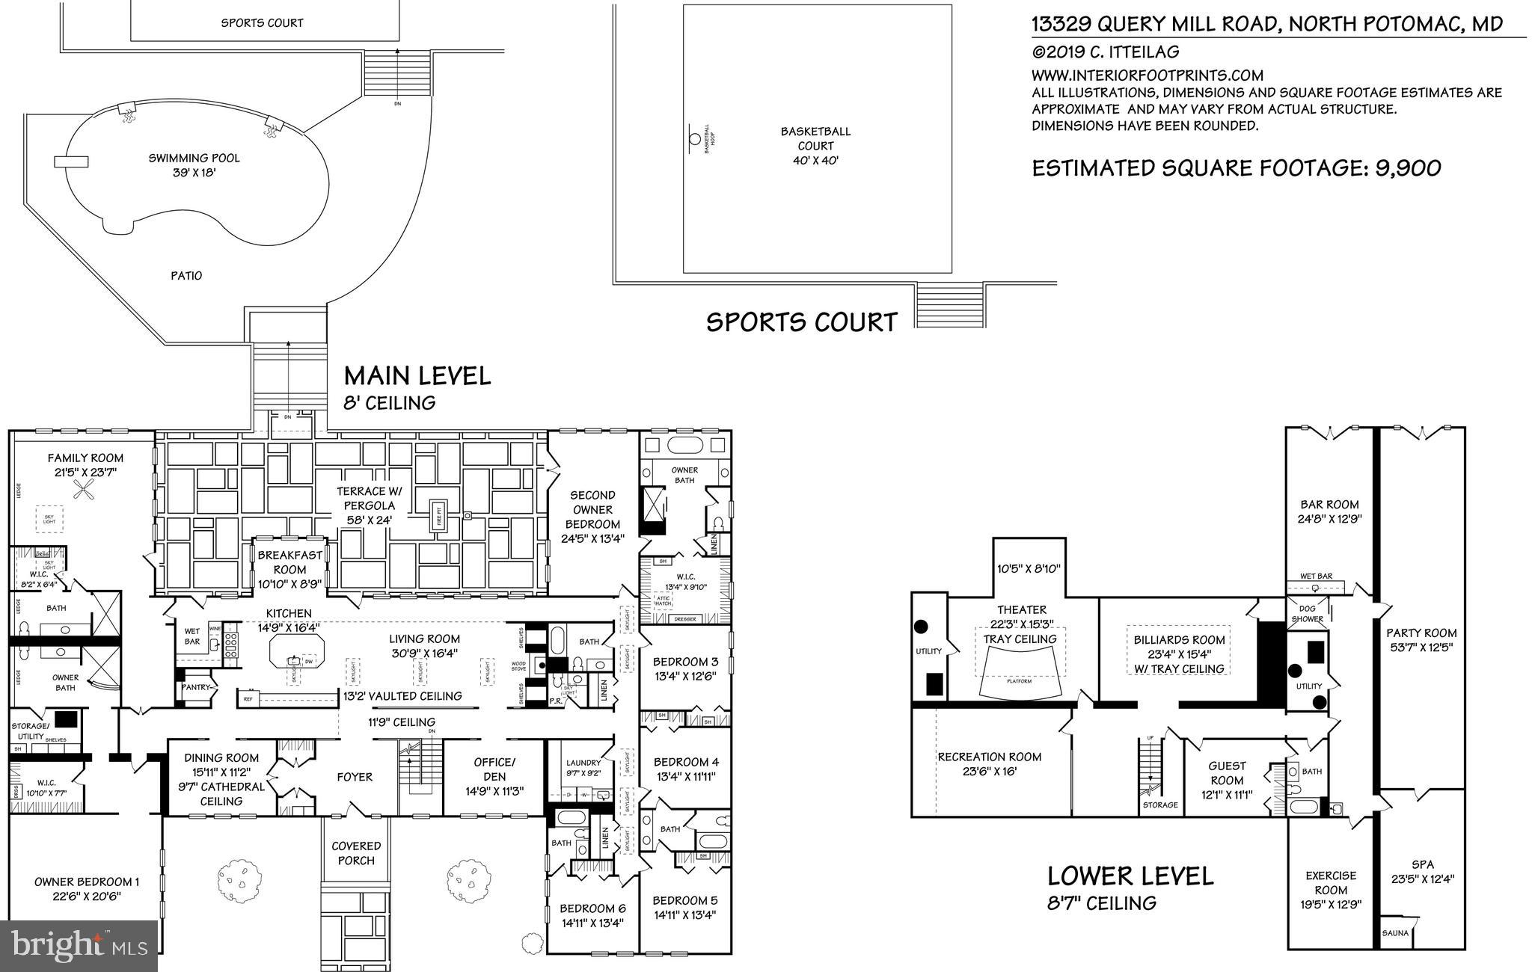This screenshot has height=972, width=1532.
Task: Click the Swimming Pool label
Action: (194, 159)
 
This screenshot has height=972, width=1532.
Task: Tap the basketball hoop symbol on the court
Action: (694, 139)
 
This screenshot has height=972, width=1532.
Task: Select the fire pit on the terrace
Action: (440, 516)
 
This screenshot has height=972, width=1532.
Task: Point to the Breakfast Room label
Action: (290, 562)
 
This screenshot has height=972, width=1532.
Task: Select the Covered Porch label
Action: (356, 853)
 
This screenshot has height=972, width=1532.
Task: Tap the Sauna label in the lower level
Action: (1395, 933)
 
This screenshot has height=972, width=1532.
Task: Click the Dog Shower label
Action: (1308, 614)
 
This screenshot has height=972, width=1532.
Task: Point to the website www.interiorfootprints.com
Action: (1148, 76)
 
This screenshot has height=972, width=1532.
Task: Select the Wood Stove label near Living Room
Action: (519, 665)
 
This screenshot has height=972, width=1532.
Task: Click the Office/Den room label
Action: (494, 769)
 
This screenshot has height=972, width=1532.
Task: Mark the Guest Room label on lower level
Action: (1227, 773)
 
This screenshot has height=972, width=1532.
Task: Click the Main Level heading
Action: (417, 375)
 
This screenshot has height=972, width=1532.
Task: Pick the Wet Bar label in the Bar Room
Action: (1315, 576)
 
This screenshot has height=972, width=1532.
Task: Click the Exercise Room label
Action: (1331, 882)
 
